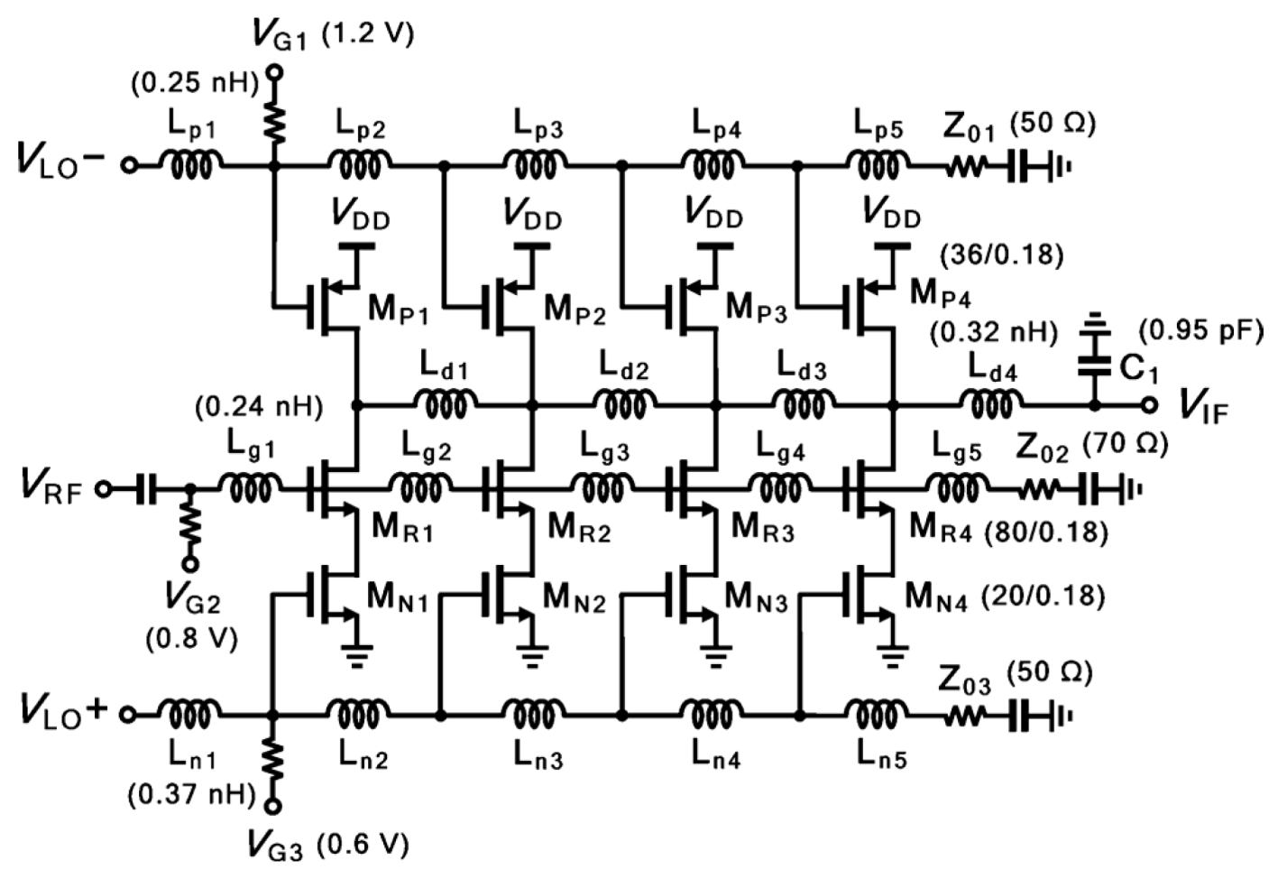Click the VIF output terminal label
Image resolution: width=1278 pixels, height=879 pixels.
(1205, 407)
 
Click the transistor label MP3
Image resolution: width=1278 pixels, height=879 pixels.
(756, 310)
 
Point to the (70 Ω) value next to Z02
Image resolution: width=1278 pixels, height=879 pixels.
(1125, 444)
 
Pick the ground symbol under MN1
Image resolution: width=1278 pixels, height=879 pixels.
(357, 653)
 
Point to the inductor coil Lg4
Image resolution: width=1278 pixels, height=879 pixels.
(782, 490)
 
